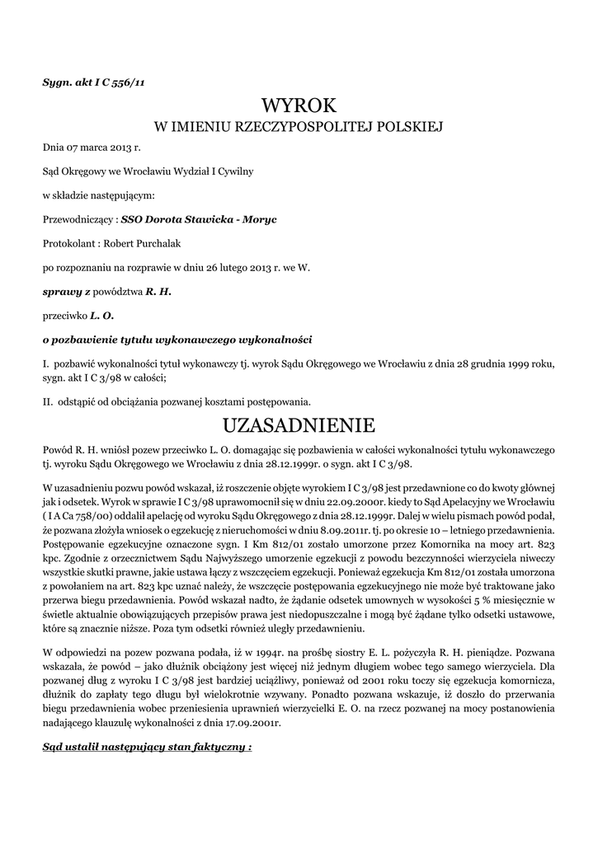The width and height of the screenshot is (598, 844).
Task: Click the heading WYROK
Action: [x=299, y=105]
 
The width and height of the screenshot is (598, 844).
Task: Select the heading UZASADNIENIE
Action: [x=299, y=425]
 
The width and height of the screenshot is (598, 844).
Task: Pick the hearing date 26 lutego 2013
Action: [x=247, y=268]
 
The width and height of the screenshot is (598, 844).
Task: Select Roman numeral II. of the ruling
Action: [x=47, y=402]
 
